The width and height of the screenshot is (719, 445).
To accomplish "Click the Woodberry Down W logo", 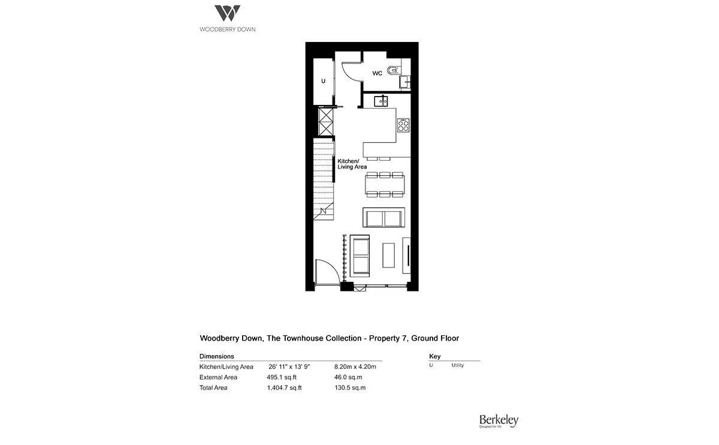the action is [x=227, y=13].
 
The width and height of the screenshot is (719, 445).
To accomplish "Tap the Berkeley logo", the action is [x=499, y=421].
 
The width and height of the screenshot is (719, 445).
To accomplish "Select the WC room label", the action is [x=377, y=73].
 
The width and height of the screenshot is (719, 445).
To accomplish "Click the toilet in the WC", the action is [x=393, y=70].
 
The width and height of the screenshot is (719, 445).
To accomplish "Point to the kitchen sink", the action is [x=381, y=101].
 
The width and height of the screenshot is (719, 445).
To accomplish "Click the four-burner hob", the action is [x=403, y=125].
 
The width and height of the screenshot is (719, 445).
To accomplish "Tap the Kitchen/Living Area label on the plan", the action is [x=352, y=164].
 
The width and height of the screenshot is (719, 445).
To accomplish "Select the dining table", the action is [x=385, y=185].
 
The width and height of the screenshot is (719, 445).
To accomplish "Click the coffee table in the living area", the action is [x=388, y=255].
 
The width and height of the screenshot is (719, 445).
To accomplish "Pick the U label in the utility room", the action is [x=323, y=81].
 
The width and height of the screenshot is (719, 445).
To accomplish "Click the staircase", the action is [x=324, y=179].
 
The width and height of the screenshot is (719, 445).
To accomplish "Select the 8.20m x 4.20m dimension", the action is [x=355, y=366].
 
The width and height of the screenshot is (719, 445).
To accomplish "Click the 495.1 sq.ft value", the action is [x=282, y=377].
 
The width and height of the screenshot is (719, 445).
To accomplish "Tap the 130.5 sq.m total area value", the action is [x=350, y=388].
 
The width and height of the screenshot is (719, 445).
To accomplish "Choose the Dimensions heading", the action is [x=217, y=356].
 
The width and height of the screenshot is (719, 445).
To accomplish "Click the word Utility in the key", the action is [x=457, y=365].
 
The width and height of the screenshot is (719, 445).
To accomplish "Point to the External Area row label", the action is [x=218, y=377].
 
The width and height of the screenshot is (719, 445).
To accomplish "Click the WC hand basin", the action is [x=405, y=82].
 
